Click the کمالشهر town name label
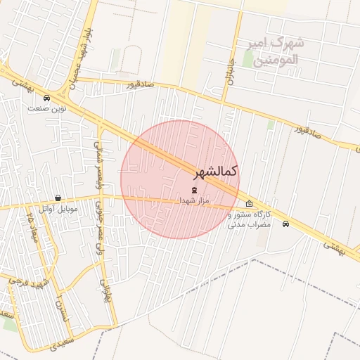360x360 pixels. click(x=214, y=172)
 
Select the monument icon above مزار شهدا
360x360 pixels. click(x=194, y=191)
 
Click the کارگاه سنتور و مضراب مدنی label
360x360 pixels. click(x=250, y=219)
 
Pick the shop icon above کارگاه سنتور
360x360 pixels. click(x=249, y=205)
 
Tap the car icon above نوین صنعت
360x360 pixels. click(x=46, y=98)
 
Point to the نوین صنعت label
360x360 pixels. click(x=46, y=108)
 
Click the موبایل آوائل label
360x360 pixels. click(x=58, y=209)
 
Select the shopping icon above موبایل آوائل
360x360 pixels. click(x=58, y=198)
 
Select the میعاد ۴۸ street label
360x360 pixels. click(x=31, y=225)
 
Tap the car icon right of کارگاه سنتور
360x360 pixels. click(x=285, y=224)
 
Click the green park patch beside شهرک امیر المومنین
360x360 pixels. click(x=247, y=58)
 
